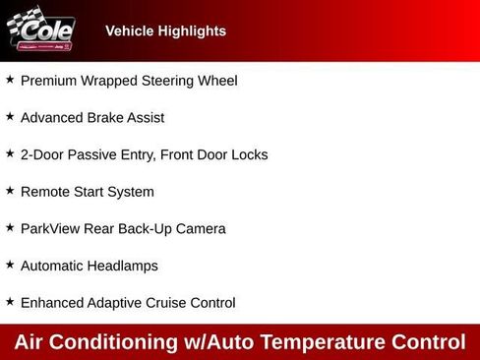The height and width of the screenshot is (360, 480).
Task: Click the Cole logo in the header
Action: [x=41, y=30]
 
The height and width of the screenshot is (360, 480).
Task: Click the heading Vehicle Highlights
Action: [x=165, y=31]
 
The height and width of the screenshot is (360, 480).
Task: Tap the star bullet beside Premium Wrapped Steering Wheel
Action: [x=10, y=79]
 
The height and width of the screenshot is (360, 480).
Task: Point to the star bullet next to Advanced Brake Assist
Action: [x=10, y=116]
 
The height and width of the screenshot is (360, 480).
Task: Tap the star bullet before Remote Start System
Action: [x=10, y=190]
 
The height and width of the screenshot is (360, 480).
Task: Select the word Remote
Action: [x=45, y=192]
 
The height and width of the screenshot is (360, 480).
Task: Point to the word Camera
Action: [x=198, y=229]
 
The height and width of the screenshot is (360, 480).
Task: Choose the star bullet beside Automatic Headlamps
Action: [x=10, y=264]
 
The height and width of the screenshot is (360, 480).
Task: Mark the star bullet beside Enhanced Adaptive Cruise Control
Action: [x=10, y=301]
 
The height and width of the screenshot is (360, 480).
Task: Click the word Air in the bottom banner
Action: [x=31, y=342]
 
